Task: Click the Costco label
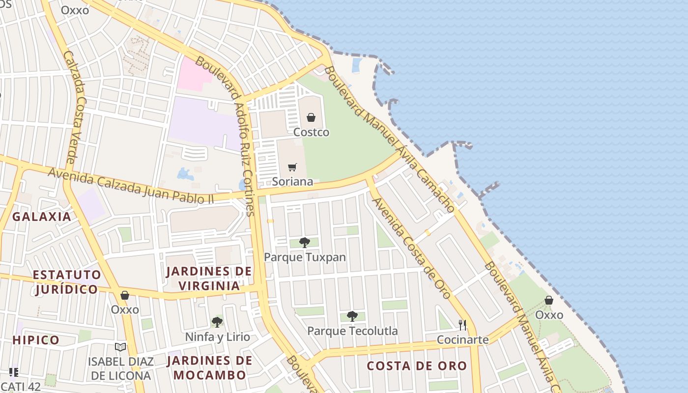coord(311,132)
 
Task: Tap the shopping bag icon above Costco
coord(311,117)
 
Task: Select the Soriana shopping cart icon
coord(292,167)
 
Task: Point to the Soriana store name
coord(292,181)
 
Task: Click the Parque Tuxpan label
coord(305,257)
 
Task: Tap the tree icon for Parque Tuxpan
coord(305,242)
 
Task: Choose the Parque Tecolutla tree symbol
coord(352,316)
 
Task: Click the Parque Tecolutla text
coord(352,331)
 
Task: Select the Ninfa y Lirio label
coord(217,337)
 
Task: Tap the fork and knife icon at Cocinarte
coord(462,325)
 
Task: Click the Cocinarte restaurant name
coord(463,339)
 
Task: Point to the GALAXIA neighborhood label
coord(42,217)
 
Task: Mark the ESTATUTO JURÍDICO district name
coord(67,281)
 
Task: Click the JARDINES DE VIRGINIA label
coord(209,278)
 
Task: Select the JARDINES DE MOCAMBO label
coord(209,367)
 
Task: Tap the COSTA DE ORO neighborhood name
coord(417,366)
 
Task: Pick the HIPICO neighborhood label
coord(36,340)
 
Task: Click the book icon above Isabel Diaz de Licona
coord(120,347)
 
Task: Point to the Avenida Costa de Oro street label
coord(411,249)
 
